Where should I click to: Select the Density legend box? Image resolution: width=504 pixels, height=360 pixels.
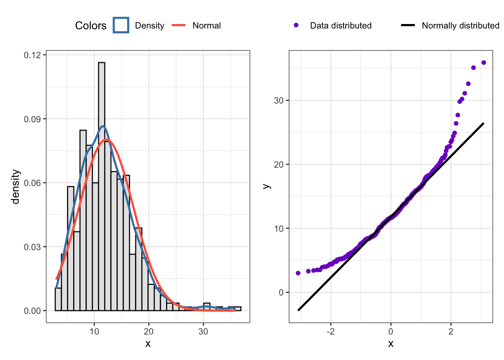pyautogui.click(x=121, y=25)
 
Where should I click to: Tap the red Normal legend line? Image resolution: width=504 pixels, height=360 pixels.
pyautogui.click(x=179, y=25)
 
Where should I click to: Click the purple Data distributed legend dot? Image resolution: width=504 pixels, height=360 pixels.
pyautogui.click(x=296, y=25)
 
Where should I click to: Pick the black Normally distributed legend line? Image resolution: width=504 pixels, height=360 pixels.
pyautogui.click(x=408, y=25)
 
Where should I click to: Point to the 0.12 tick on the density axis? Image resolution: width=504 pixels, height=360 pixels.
pyautogui.click(x=32, y=55)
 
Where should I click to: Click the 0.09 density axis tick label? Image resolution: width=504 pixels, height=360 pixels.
pyautogui.click(x=32, y=119)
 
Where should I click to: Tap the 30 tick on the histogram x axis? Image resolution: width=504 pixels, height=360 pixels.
pyautogui.click(x=203, y=331)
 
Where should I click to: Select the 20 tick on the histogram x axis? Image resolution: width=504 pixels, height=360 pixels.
pyautogui.click(x=149, y=331)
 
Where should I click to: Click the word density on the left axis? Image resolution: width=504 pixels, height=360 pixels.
pyautogui.click(x=15, y=186)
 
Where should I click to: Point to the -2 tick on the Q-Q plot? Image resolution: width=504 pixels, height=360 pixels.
pyautogui.click(x=331, y=331)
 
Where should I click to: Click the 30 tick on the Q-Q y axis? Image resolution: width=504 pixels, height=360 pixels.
pyautogui.click(x=279, y=100)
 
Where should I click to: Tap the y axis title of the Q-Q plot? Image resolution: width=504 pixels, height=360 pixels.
pyautogui.click(x=267, y=186)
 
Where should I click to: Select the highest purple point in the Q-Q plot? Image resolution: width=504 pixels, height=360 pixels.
pyautogui.click(x=484, y=63)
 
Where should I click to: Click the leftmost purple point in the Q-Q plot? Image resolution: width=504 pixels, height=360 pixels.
pyautogui.click(x=298, y=273)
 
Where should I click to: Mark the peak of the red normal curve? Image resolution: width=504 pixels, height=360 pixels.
pyautogui.click(x=107, y=139)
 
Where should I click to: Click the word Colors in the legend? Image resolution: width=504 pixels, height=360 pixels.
pyautogui.click(x=91, y=25)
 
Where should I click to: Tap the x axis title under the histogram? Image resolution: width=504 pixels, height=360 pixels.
pyautogui.click(x=148, y=343)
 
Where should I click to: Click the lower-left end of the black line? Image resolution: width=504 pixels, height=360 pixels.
pyautogui.click(x=298, y=310)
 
